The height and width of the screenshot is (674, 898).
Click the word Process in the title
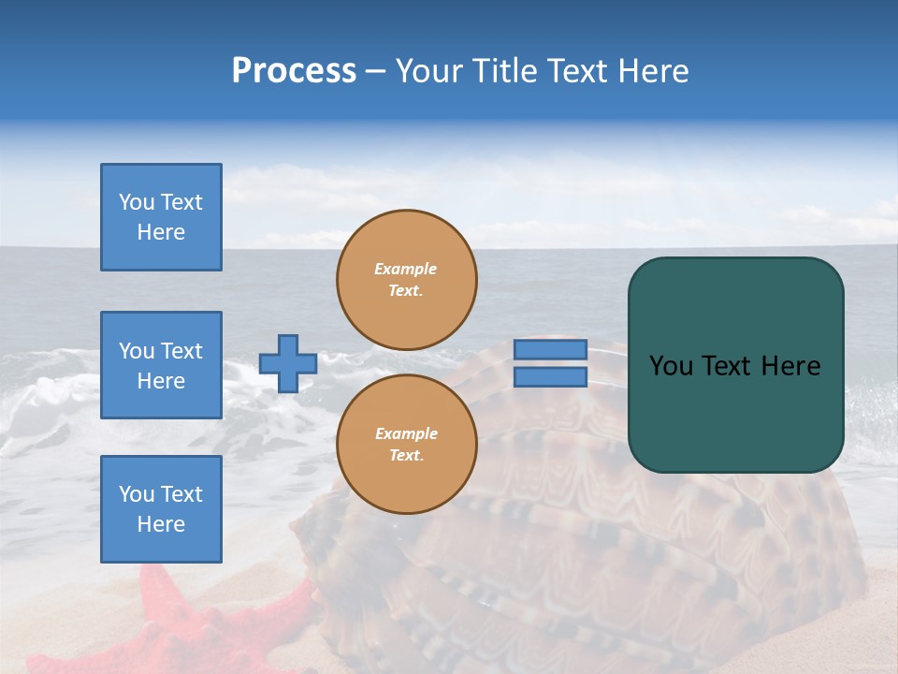(x=294, y=71)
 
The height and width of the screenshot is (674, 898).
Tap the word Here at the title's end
(x=652, y=71)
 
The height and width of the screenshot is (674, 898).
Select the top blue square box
(x=161, y=217)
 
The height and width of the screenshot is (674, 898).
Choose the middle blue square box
(x=161, y=365)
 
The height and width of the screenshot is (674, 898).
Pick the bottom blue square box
(x=161, y=509)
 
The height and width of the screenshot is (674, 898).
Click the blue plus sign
(x=287, y=363)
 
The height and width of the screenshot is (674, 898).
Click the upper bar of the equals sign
(x=550, y=349)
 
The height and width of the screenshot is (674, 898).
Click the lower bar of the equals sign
(x=550, y=377)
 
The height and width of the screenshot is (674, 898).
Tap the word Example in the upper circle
(x=406, y=269)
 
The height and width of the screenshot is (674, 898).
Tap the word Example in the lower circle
(x=406, y=433)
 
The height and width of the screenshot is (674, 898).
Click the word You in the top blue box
(x=136, y=202)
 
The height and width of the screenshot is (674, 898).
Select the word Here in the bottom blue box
(x=161, y=524)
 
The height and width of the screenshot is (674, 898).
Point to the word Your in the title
(x=428, y=71)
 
